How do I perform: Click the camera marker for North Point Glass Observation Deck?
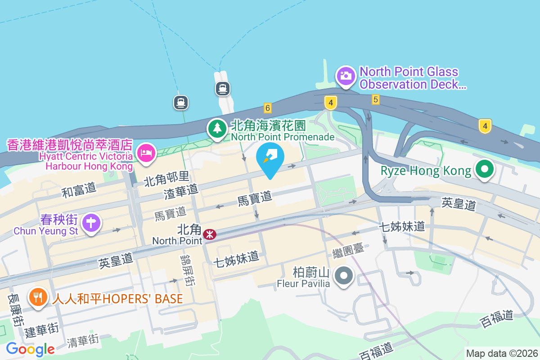(x=346, y=76)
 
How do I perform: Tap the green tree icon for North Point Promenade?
(x=218, y=128)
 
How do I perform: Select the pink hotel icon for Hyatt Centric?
(x=146, y=153)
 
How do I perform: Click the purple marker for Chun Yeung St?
(x=92, y=222)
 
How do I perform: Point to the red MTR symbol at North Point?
(x=209, y=234)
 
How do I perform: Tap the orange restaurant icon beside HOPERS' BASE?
(x=38, y=297)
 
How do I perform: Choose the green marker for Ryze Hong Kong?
(x=485, y=170)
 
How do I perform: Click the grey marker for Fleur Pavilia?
(x=345, y=275)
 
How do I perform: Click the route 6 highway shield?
(x=268, y=108)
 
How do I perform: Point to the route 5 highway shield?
(x=375, y=99)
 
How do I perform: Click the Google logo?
(x=30, y=349)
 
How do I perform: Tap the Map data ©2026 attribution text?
(x=501, y=353)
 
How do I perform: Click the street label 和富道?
(x=79, y=191)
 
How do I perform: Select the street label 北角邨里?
(x=166, y=179)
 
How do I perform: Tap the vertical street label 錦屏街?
(x=187, y=269)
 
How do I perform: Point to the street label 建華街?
(x=41, y=331)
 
